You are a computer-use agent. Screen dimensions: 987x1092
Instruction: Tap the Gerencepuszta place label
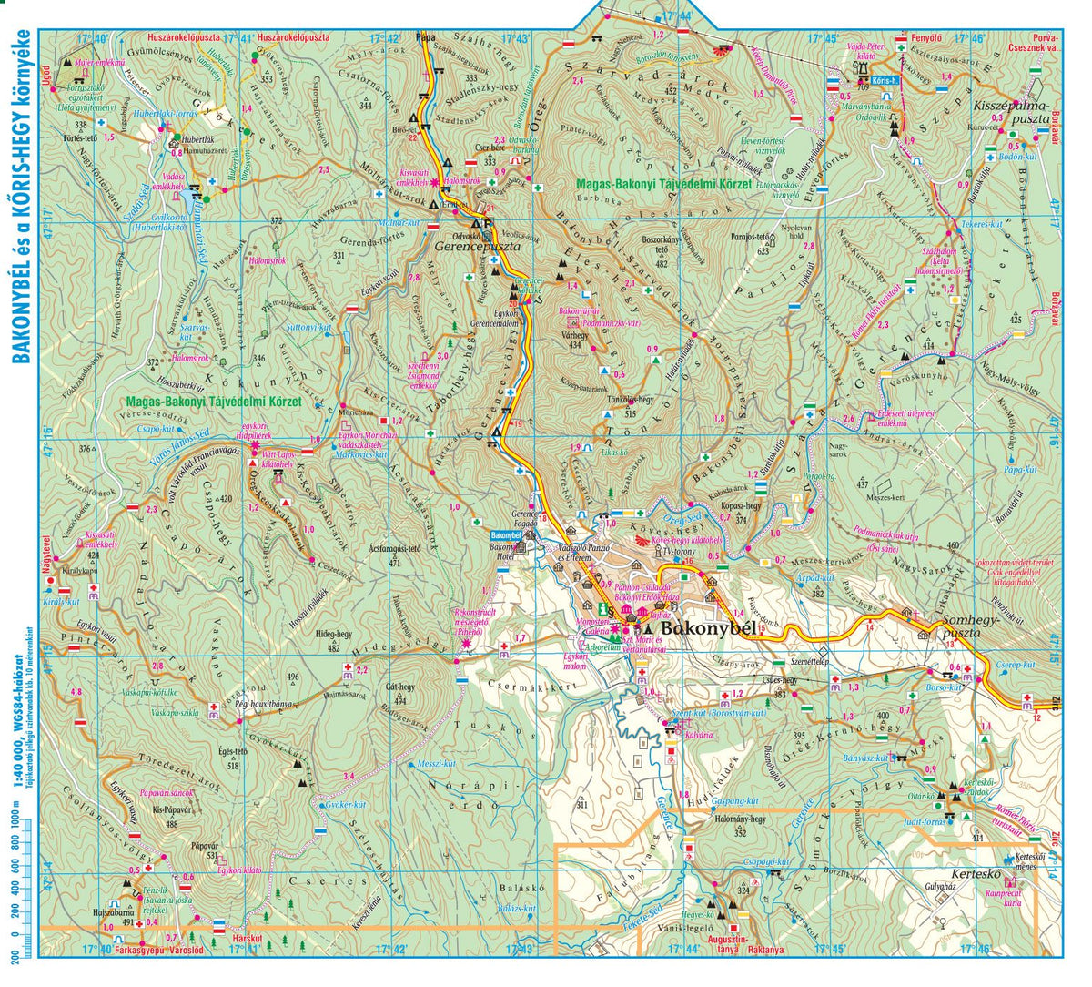477,246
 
